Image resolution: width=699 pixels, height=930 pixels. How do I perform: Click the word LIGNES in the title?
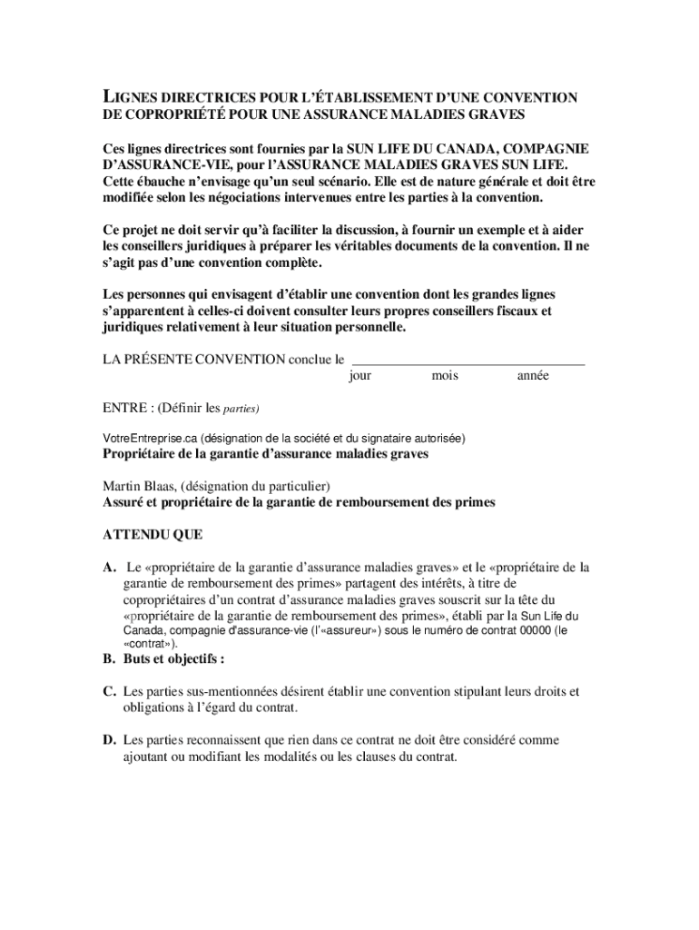click(130, 98)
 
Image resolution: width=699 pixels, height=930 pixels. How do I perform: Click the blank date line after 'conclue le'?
click(468, 360)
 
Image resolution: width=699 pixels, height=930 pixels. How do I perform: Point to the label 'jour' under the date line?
click(360, 376)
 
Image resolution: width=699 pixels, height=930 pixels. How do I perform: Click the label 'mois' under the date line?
click(445, 376)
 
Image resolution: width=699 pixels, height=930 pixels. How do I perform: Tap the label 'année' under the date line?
click(533, 376)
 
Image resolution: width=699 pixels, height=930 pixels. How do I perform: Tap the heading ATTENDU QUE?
click(153, 534)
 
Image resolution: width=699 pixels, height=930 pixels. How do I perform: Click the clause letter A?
click(109, 568)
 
